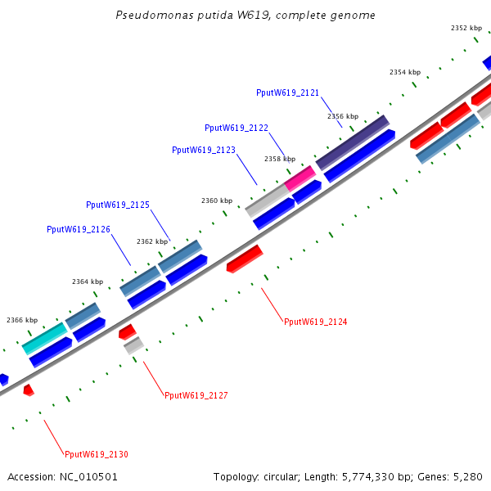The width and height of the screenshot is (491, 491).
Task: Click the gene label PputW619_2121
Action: tap(287, 93)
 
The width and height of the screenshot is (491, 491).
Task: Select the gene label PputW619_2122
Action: tap(236, 128)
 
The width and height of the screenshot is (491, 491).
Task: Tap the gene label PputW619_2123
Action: tap(204, 150)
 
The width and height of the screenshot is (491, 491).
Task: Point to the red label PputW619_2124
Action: tap(315, 322)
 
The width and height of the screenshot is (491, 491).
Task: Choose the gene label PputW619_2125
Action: tap(118, 205)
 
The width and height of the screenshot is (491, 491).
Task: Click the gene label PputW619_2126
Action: tap(79, 229)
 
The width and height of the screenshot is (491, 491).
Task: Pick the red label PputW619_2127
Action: tap(196, 396)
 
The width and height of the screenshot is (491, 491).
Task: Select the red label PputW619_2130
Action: tap(97, 455)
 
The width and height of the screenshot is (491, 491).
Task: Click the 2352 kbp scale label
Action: tap(466, 28)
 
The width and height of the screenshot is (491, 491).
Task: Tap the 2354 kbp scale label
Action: tap(405, 72)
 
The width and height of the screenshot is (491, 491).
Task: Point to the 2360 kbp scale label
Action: tap(217, 200)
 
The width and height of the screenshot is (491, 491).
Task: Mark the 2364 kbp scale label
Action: tap(88, 282)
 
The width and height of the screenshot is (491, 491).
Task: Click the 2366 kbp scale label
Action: tap(22, 320)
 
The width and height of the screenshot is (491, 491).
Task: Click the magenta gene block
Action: tap(300, 178)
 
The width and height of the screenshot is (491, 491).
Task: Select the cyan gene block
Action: tap(44, 338)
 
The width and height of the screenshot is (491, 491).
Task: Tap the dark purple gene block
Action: tap(352, 142)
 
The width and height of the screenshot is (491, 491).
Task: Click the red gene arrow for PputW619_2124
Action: tap(244, 258)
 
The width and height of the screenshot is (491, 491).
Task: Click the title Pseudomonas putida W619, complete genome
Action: tap(245, 16)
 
